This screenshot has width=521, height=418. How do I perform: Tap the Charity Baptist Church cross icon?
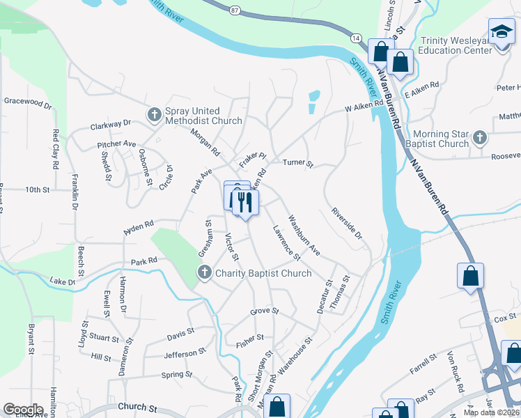tap(205, 272)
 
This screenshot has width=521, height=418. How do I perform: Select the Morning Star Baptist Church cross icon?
tap(479, 138)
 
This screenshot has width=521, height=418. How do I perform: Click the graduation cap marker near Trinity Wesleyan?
tap(501, 33)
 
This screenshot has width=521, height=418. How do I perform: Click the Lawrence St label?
tap(286, 244)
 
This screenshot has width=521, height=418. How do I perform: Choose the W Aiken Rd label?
tap(364, 106)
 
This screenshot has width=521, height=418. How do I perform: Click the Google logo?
tap(23, 409)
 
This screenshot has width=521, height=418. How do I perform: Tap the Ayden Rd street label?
tap(138, 226)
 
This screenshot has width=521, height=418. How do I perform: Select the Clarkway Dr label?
tap(111, 125)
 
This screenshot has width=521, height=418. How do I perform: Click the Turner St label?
tap(298, 163)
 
